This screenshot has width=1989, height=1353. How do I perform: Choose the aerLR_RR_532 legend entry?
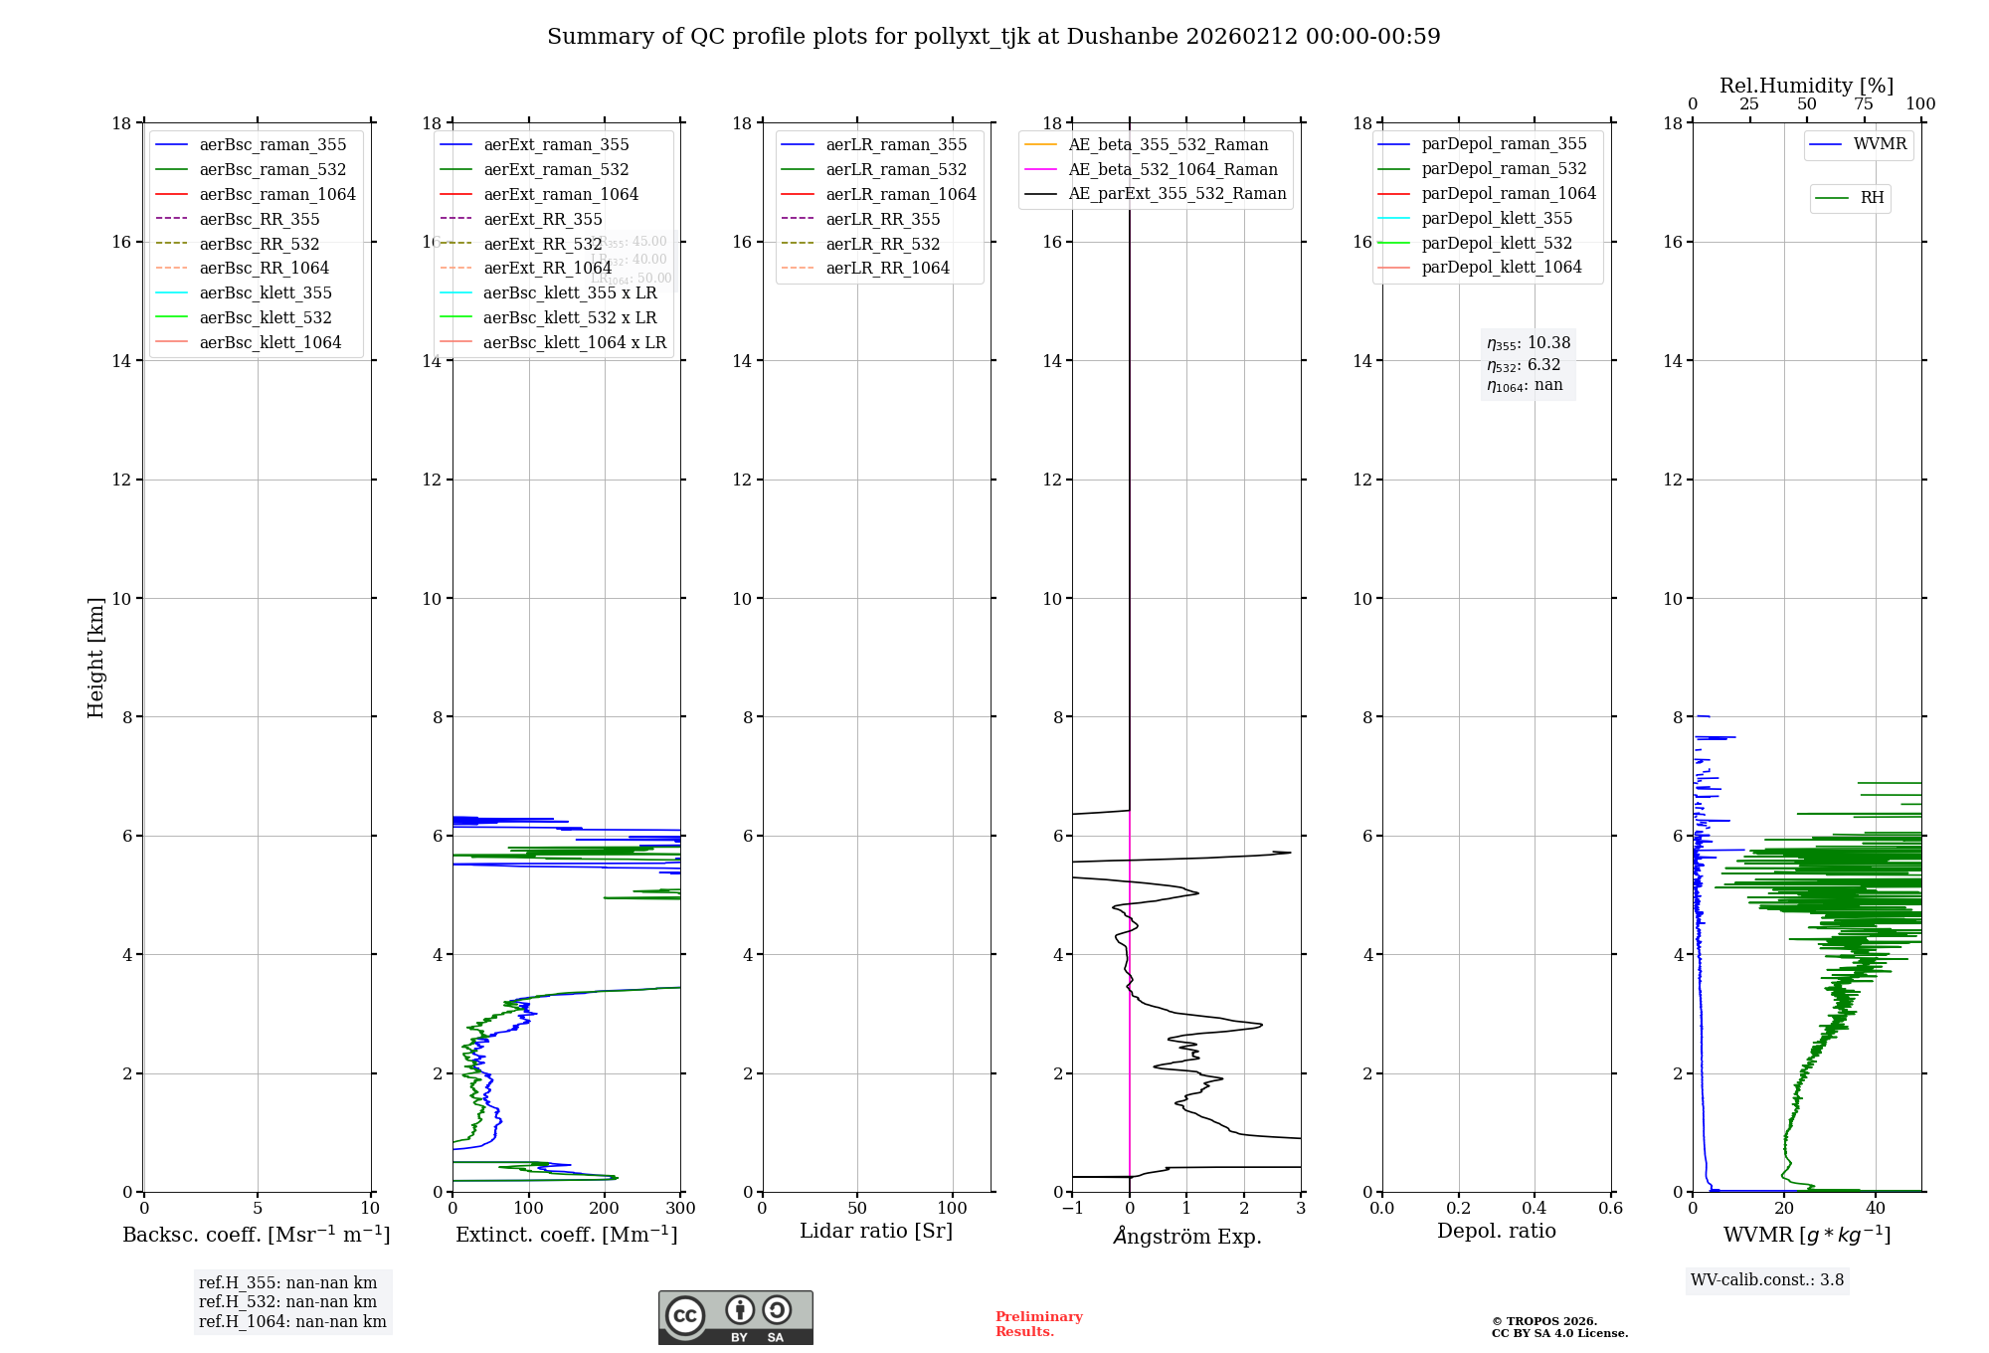coord(882,244)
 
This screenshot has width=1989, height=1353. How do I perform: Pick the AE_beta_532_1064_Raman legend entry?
coord(1173,169)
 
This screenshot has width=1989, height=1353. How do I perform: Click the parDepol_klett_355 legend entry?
coord(1497,218)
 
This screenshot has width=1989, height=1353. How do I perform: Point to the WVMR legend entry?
coord(1880,144)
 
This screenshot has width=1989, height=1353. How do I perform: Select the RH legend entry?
coord(1872,198)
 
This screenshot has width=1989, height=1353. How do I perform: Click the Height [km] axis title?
coord(95,657)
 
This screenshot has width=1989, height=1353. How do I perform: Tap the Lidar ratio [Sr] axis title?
coord(876,1232)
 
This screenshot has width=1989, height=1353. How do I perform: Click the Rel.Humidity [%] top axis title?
coord(1806,86)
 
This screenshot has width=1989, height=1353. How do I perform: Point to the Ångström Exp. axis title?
coord(1186,1236)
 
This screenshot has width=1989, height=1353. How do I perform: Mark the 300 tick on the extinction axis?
coord(681,1209)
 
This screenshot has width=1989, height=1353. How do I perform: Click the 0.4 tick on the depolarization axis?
coord(1535,1209)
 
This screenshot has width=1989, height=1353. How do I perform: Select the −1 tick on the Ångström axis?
coord(1072,1209)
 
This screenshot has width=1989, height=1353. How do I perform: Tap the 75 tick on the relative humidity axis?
coord(1864,104)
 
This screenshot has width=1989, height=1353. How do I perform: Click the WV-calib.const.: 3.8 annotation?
coord(1767,1280)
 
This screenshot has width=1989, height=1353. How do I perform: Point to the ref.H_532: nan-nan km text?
coord(287,1302)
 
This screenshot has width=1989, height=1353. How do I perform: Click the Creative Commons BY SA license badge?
coord(735,1318)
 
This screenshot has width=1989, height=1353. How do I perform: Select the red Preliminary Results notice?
coord(1038,1324)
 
